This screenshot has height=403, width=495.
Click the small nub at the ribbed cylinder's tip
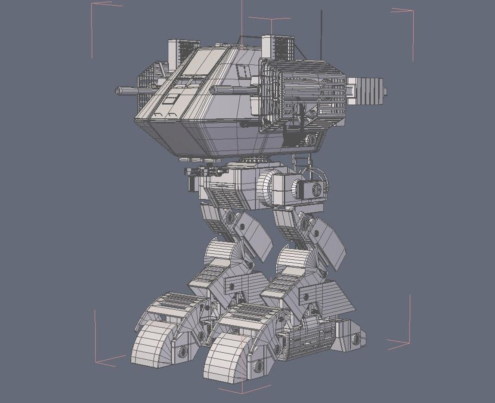click(385, 90)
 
